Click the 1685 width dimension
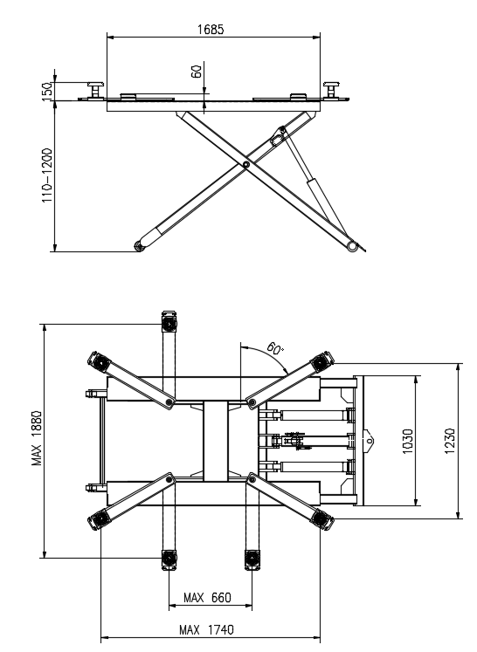tap(211, 30)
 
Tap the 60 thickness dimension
tap(197, 71)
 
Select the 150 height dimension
tap(47, 91)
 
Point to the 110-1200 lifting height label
tap(47, 175)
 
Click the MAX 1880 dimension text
tap(37, 438)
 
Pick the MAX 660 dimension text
tap(207, 598)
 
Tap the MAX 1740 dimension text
tap(206, 630)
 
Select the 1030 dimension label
tap(408, 442)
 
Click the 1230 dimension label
tap(450, 441)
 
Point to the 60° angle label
tap(274, 348)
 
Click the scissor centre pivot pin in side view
tap(246, 165)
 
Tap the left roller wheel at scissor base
tap(139, 247)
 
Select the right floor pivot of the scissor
tap(352, 246)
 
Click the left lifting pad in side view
tap(95, 90)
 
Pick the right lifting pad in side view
tap(331, 90)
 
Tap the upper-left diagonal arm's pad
tap(100, 362)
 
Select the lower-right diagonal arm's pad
tap(321, 518)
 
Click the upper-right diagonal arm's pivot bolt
tap(252, 401)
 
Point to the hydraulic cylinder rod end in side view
tap(283, 130)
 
